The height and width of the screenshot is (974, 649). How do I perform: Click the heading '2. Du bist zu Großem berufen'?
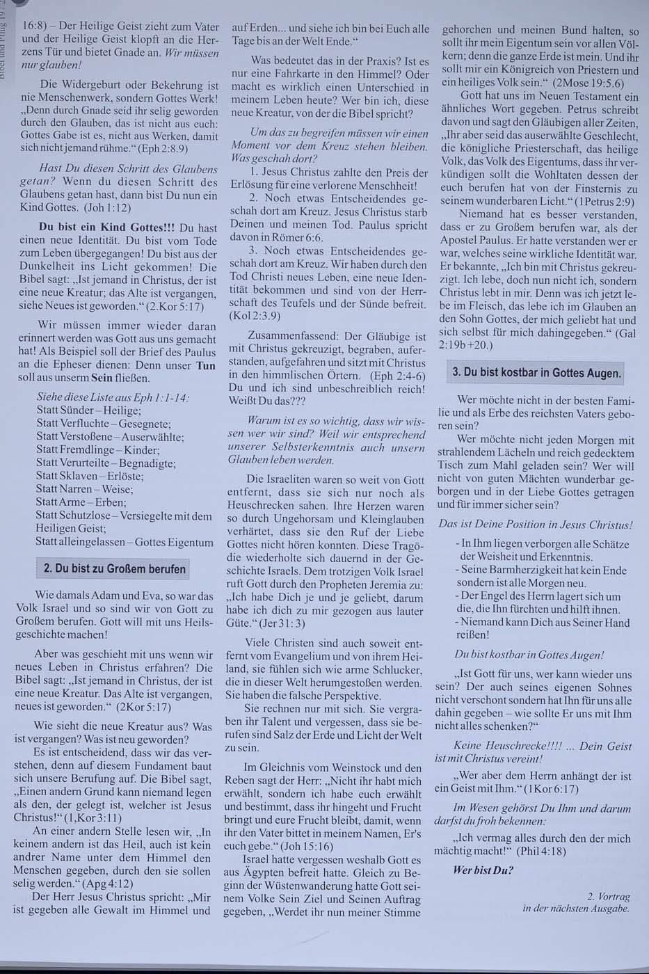pos(115,569)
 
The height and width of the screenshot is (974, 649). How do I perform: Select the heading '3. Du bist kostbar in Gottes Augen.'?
pos(536,372)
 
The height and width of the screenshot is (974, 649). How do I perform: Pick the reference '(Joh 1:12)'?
pos(106,207)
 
